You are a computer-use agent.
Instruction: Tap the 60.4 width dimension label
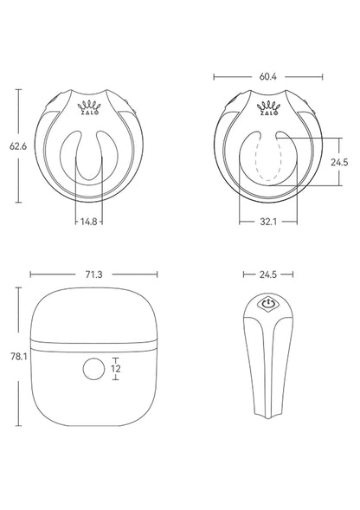point(267,76)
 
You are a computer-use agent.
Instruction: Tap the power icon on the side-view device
point(268,305)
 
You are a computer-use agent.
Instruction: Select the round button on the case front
point(93,369)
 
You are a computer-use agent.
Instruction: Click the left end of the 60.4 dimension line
point(214,76)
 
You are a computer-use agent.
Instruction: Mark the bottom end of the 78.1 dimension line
point(17,427)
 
